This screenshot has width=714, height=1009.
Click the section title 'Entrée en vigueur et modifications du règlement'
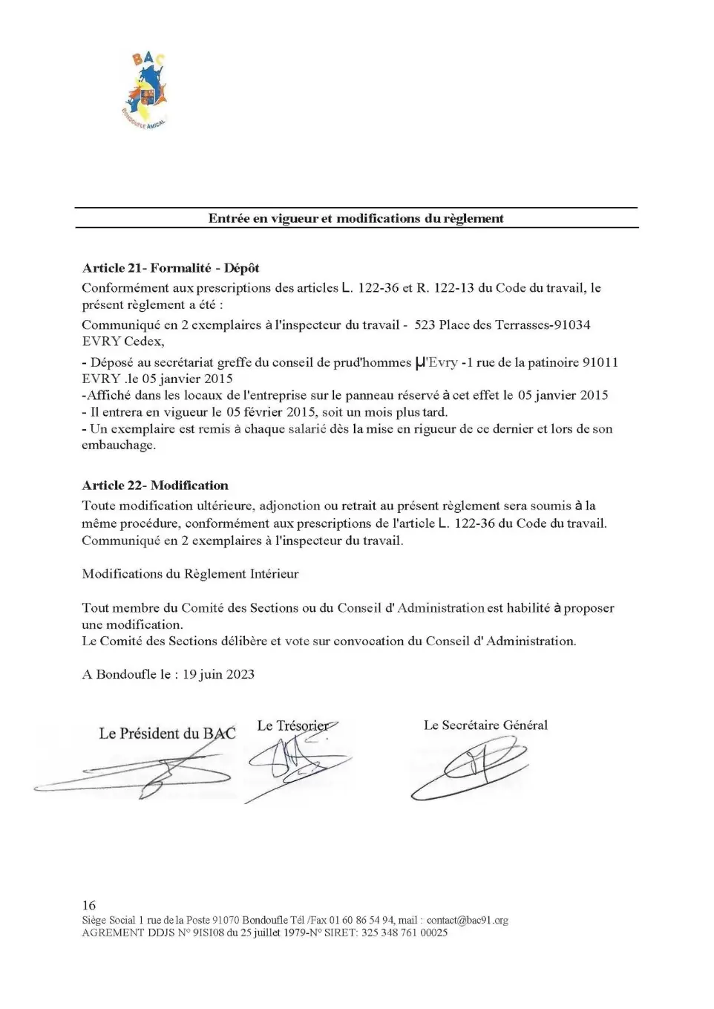[356, 218]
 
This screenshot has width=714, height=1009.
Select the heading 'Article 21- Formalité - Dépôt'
[170, 268]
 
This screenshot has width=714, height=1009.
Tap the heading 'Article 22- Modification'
[155, 486]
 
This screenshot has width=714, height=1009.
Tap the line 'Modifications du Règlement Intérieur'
[190, 574]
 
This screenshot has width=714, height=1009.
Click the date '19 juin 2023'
[218, 674]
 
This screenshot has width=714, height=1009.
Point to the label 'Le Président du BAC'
[167, 734]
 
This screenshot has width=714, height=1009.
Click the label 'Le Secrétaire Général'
[485, 725]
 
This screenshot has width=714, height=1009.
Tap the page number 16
[89, 905]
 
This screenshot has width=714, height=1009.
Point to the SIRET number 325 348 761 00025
[405, 933]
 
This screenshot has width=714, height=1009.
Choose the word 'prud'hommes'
[376, 362]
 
